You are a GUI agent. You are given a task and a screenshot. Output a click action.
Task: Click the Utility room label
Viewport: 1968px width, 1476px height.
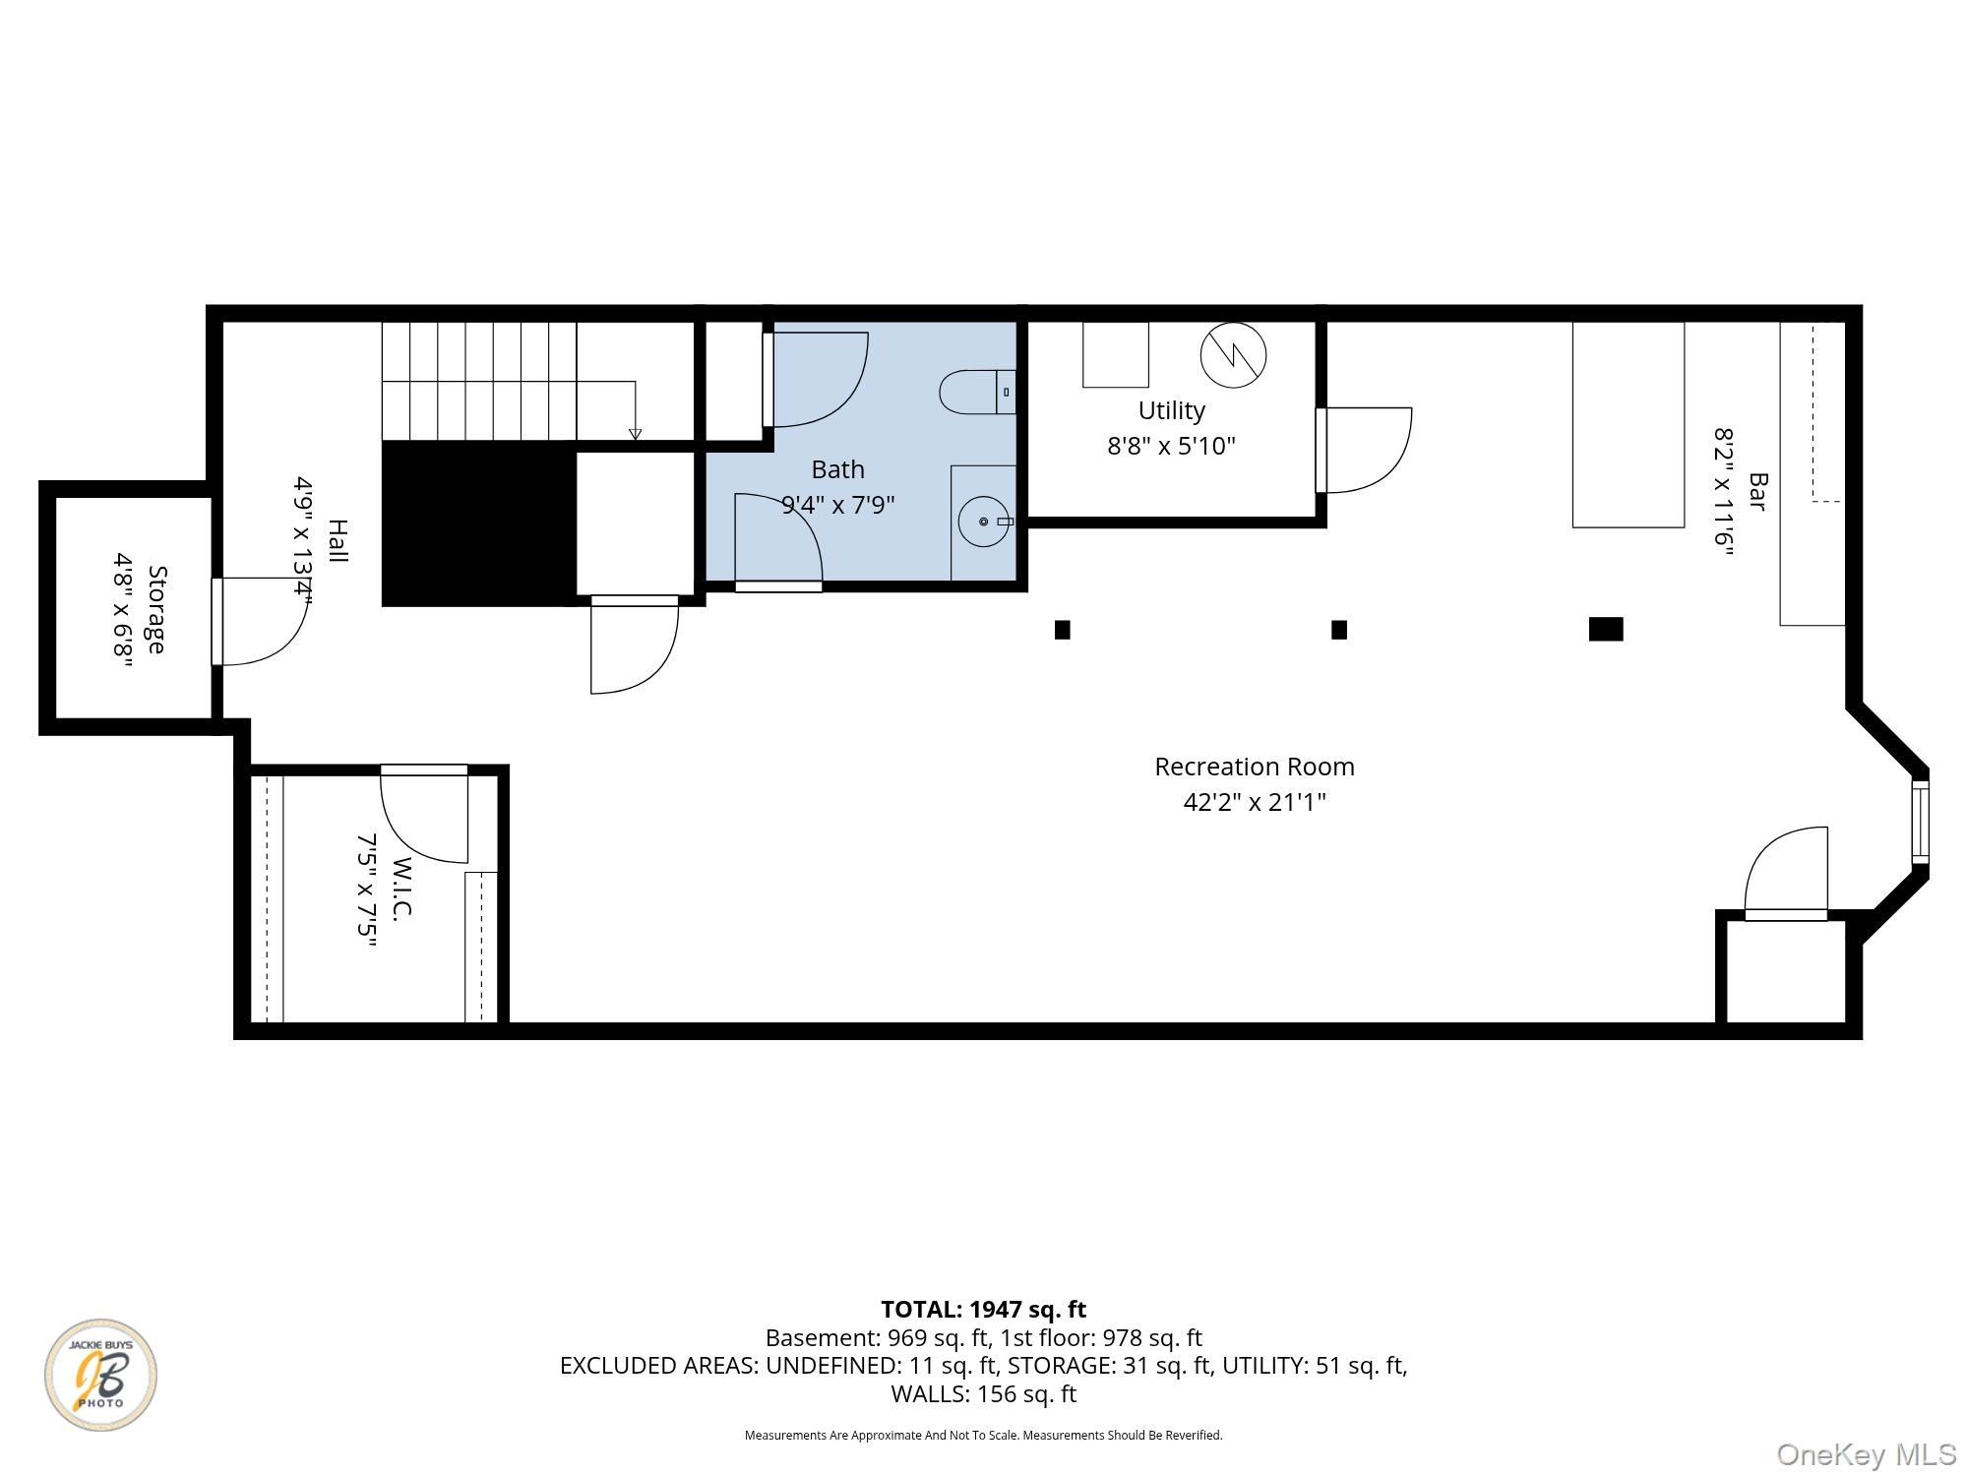point(1171,410)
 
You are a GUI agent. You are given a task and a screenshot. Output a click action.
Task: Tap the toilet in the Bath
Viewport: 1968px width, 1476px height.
point(977,392)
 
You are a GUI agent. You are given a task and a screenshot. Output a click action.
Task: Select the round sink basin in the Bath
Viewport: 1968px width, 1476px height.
point(984,522)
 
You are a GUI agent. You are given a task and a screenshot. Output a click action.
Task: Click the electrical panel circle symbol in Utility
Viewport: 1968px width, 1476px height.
point(1233,354)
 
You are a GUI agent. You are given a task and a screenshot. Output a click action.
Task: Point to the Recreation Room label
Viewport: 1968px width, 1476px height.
point(1255,767)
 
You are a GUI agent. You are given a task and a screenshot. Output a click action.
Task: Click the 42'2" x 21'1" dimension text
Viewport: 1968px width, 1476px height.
point(1255,802)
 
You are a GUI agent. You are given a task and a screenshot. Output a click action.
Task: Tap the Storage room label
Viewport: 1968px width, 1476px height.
point(156,609)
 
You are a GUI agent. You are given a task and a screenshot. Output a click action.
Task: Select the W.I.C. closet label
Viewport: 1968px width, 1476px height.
point(401,888)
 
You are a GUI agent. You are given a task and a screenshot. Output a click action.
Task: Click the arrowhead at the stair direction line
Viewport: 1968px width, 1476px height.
point(635,434)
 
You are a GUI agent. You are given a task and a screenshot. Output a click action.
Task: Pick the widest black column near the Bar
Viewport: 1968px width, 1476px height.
point(1606,629)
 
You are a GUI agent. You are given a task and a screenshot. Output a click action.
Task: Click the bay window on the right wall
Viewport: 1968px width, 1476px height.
point(1920,822)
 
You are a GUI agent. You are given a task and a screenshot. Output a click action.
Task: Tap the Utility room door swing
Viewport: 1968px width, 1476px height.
point(1364,450)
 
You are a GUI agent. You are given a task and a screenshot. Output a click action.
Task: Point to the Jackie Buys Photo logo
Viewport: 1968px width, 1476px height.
point(100,1375)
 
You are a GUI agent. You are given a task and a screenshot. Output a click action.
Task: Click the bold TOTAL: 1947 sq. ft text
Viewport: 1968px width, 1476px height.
point(983,1310)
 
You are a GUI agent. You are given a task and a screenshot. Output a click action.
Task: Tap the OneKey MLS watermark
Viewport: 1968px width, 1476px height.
point(1867,1454)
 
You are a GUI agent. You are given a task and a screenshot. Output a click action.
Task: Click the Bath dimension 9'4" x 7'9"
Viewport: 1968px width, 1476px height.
point(838,505)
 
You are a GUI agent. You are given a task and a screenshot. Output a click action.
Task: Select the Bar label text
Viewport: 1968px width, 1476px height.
point(1757,492)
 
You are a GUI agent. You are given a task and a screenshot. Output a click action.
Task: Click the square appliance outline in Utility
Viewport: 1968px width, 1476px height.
point(1116,354)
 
